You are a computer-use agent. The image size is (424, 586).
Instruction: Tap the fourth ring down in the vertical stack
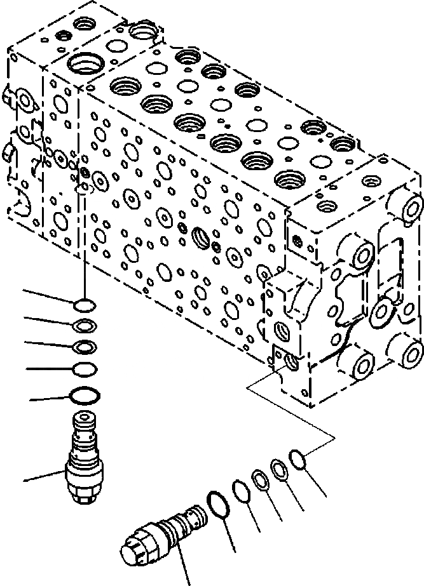[x=84, y=368]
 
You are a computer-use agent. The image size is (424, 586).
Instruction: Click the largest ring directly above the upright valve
[x=84, y=396]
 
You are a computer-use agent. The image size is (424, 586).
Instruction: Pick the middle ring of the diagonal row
[x=259, y=481]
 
